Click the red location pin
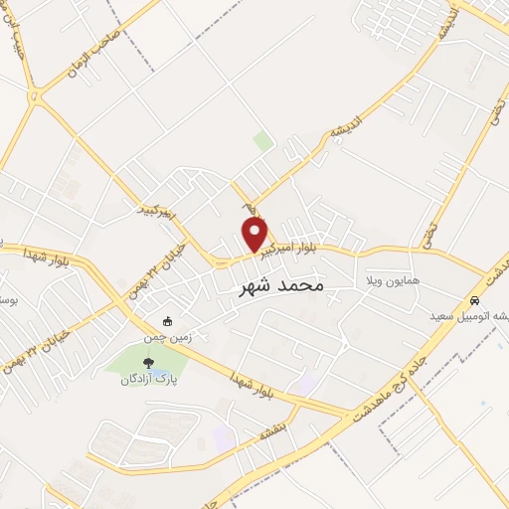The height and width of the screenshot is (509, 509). pos(255,235)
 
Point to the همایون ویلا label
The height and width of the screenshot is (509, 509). pos(393,281)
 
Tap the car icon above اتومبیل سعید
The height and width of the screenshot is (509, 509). pos(475,300)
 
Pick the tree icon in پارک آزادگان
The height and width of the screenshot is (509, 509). pos(149,363)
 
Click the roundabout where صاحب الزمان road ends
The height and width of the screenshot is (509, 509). pos(36,97)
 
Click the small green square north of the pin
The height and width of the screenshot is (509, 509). pos(262,141)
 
